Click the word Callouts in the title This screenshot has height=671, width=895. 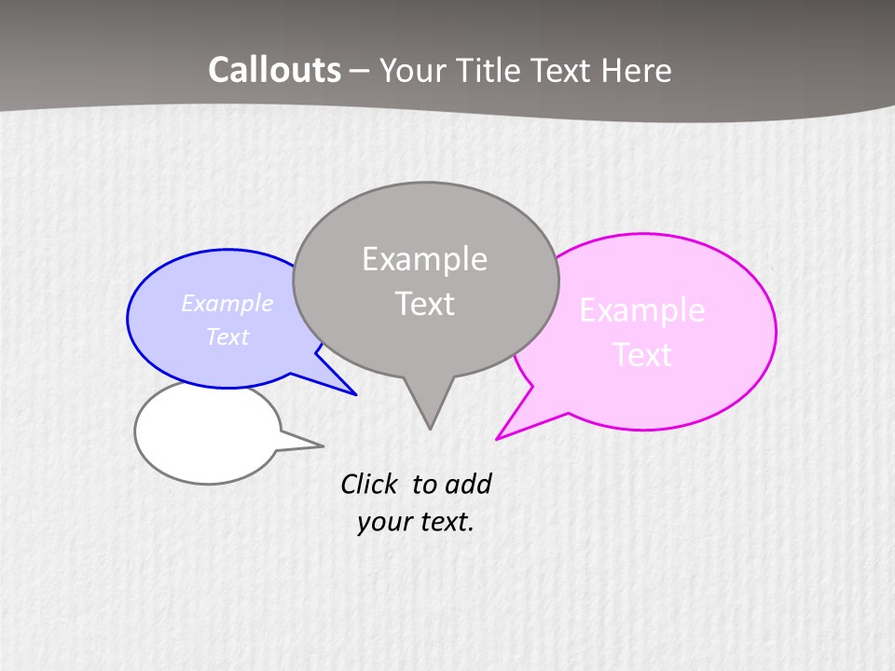click(274, 70)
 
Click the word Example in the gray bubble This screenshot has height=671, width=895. click(424, 259)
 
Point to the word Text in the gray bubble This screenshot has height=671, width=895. click(424, 304)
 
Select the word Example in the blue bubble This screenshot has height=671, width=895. click(227, 304)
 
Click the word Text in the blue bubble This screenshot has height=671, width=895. click(227, 336)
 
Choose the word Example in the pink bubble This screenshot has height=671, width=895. click(642, 310)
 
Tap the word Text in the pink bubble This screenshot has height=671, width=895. click(642, 355)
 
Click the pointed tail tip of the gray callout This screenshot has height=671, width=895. click(430, 429)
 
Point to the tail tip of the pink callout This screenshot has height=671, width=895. click(497, 438)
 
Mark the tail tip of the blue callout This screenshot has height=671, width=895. click(355, 394)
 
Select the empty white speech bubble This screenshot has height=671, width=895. click(207, 432)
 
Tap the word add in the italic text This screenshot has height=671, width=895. click(467, 484)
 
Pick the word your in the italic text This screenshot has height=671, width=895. click(382, 522)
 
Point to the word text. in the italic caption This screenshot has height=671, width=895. click(446, 522)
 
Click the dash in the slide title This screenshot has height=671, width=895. click(361, 71)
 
